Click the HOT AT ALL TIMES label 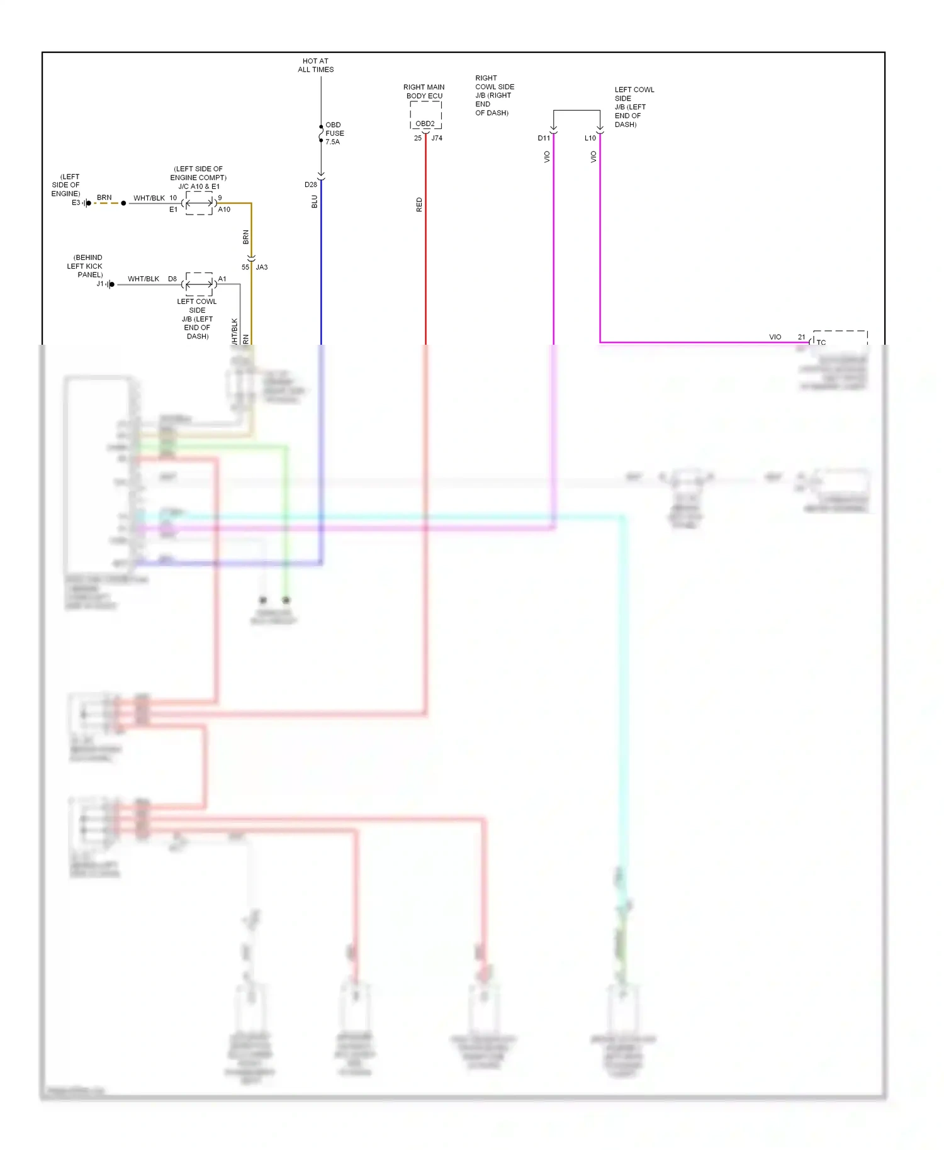pos(315,65)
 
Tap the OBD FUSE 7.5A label pos(334,133)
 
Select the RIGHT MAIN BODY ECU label pos(424,91)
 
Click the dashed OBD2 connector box pos(425,116)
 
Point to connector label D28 pos(311,185)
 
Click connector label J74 pos(437,138)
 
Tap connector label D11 pos(544,138)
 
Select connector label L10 pos(590,138)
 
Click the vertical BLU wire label pos(315,202)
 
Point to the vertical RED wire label pos(419,204)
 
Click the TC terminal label pos(821,342)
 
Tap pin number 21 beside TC pos(801,337)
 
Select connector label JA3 pos(262,267)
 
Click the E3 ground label pos(76,203)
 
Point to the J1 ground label pos(100,284)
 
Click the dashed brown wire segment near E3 pos(106,203)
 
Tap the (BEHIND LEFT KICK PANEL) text pos(86,266)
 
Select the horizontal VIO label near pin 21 pos(775,337)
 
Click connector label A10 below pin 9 pos(224,209)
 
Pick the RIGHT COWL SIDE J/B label pos(494,96)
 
